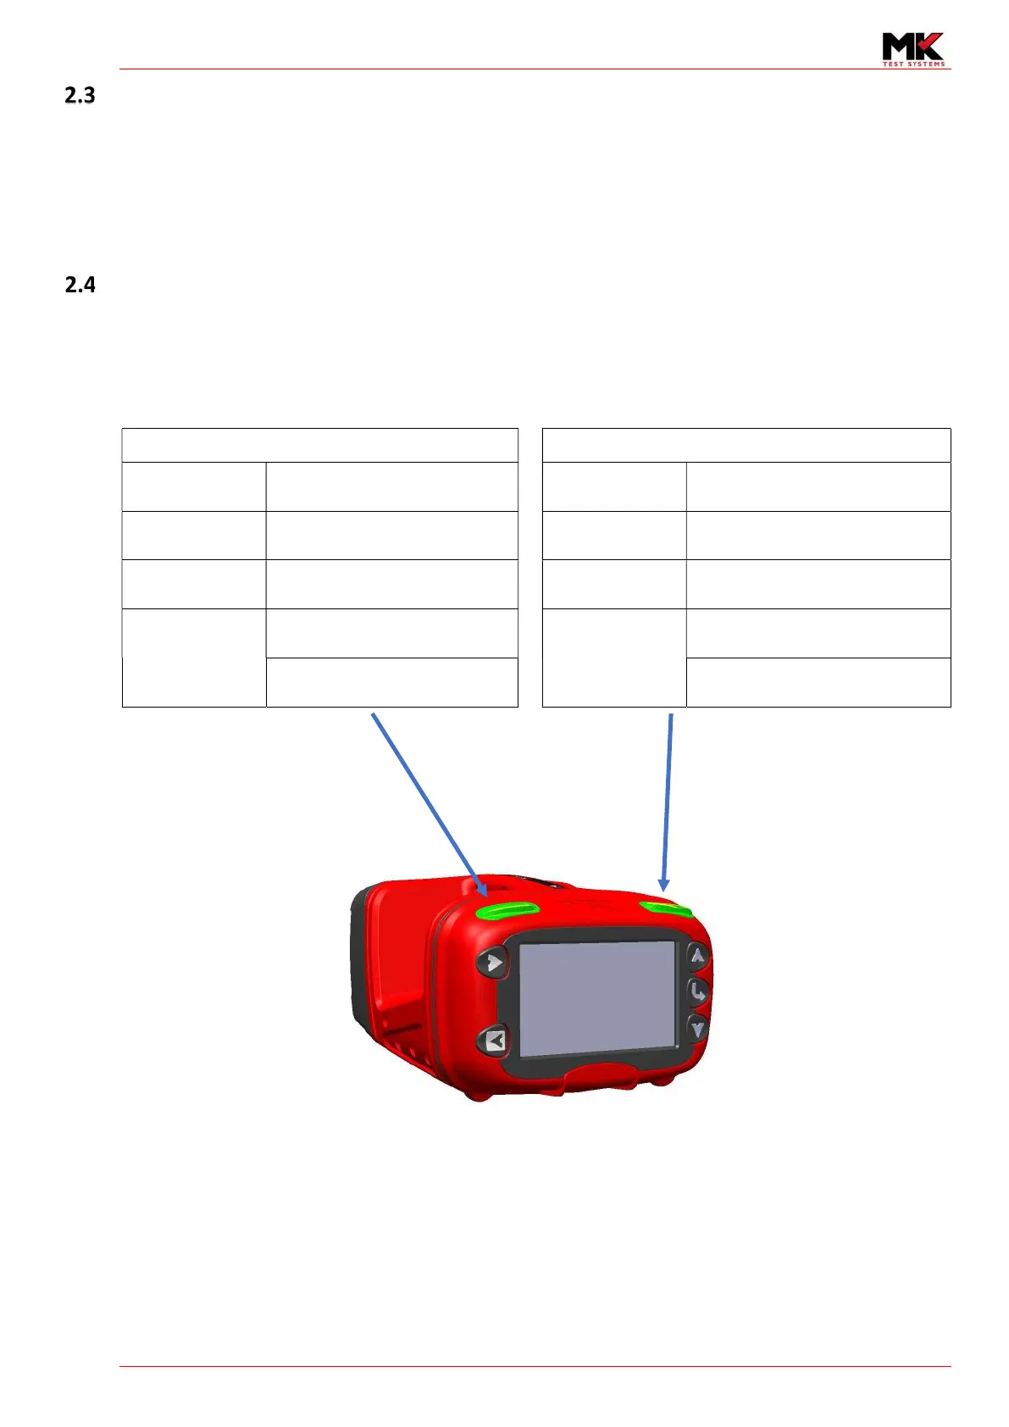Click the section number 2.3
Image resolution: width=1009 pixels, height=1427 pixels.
click(80, 96)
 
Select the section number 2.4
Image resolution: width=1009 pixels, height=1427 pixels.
click(80, 285)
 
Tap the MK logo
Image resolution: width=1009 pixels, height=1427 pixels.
click(912, 47)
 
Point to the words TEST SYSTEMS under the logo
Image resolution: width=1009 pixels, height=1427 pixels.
click(913, 64)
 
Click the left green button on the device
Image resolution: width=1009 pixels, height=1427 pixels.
click(507, 910)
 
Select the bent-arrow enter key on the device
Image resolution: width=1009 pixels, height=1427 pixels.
click(696, 991)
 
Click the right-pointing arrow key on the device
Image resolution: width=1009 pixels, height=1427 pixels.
click(492, 963)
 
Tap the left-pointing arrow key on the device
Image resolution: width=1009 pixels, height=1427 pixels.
click(494, 1040)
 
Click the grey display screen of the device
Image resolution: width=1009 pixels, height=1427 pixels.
click(597, 997)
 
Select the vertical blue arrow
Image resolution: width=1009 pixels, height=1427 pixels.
click(668, 801)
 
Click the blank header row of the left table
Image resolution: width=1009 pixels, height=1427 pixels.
click(319, 445)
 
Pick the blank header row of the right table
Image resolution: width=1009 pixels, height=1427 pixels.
click(746, 445)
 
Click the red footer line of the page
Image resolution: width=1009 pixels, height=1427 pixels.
click(535, 1366)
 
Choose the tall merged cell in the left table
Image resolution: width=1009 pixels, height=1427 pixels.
click(193, 658)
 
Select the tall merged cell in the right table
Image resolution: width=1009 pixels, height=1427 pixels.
click(613, 658)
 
